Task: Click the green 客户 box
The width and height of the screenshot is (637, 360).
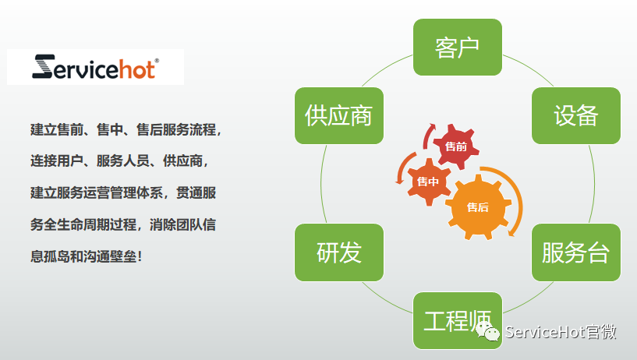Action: click(x=458, y=47)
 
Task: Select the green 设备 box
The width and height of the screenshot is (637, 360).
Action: click(x=576, y=115)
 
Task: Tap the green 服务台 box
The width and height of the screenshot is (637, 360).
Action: click(x=576, y=252)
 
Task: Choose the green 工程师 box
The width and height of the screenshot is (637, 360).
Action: click(x=458, y=320)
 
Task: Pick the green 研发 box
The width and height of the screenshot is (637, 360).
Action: click(x=339, y=252)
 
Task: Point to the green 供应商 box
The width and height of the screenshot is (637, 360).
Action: click(x=339, y=115)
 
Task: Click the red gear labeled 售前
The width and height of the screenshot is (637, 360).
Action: click(x=456, y=146)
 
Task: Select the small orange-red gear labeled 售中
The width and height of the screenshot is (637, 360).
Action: click(x=428, y=182)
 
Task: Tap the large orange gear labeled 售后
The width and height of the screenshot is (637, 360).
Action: click(x=478, y=207)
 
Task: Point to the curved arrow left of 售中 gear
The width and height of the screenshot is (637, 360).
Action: click(x=402, y=167)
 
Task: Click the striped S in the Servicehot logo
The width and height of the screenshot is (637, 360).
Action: click(x=43, y=66)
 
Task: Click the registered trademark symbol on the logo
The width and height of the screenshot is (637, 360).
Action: click(x=157, y=61)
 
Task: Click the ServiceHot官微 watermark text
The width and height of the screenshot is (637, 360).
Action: click(x=561, y=332)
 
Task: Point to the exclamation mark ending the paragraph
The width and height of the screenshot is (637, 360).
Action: click(x=140, y=256)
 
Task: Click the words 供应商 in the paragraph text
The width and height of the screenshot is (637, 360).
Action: click(x=182, y=161)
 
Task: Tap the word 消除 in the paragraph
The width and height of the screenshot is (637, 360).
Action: click(x=162, y=224)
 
